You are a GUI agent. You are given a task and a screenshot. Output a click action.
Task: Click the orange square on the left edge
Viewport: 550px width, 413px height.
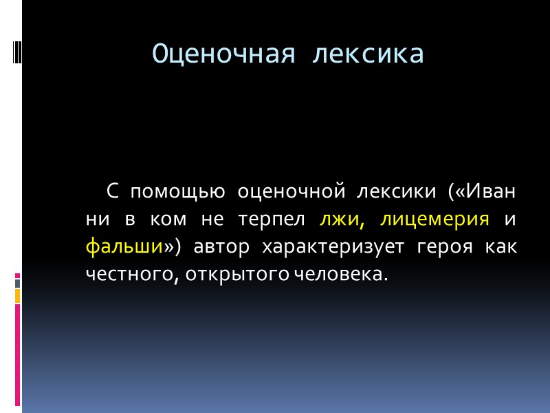(x=17, y=295)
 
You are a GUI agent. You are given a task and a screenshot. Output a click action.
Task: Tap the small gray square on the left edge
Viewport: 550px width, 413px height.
(x=17, y=283)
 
